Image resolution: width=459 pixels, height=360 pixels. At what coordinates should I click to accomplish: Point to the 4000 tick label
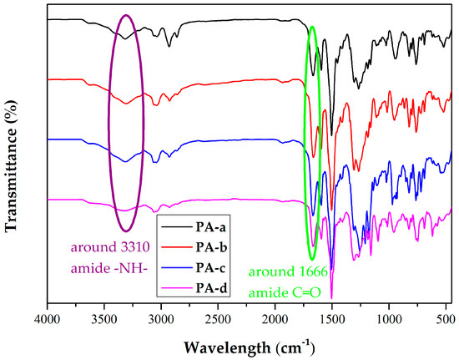pos(47,318)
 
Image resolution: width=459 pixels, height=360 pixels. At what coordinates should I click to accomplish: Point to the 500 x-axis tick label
pos(446,318)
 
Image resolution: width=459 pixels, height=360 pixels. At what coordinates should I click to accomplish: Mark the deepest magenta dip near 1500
pos(332,297)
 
